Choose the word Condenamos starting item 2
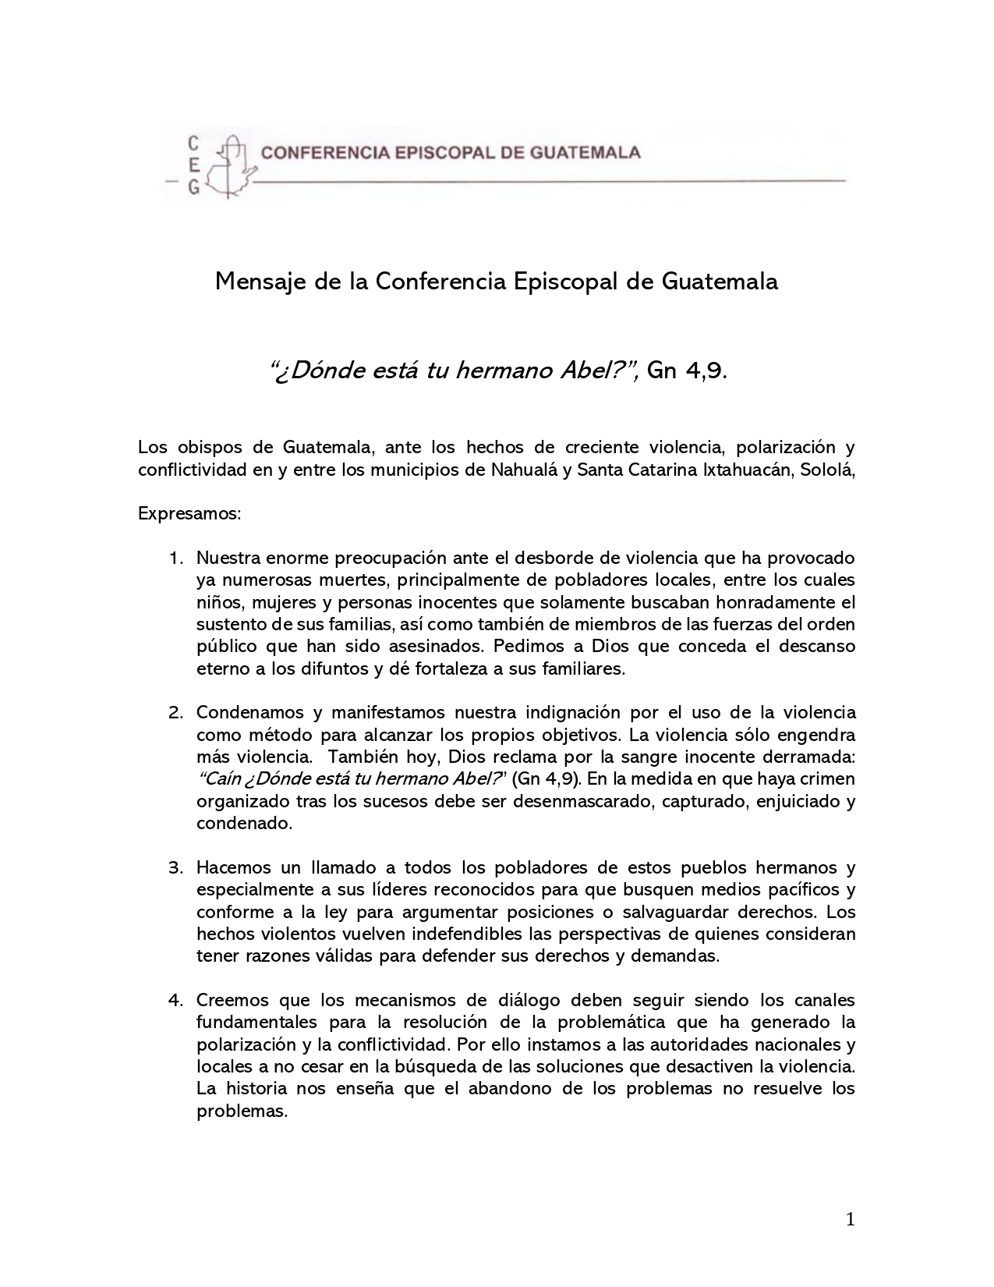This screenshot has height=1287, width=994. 254,713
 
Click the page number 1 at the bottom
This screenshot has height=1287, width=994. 851,1220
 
